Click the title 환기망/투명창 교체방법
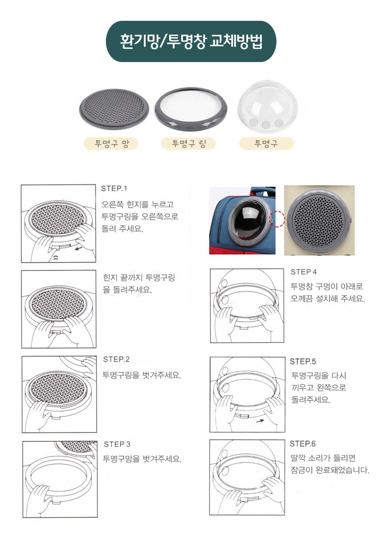click(191, 41)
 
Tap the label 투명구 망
click(111, 144)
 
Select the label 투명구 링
click(189, 143)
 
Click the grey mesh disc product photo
click(114, 109)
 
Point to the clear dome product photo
click(268, 107)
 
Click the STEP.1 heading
click(114, 188)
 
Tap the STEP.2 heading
click(116, 359)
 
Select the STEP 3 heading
click(117, 444)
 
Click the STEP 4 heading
click(303, 272)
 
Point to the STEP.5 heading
click(303, 362)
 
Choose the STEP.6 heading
click(303, 444)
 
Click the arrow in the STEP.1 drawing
click(78, 249)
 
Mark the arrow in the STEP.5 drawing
click(260, 421)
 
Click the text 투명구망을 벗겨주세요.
click(142, 459)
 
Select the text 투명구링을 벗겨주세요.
click(142, 375)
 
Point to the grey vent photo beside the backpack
click(319, 220)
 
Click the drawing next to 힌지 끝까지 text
click(59, 309)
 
